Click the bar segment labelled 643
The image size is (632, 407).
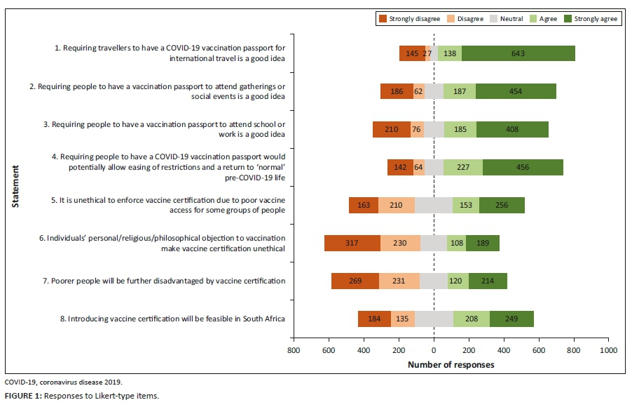coord(518,53)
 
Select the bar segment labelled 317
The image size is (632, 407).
coord(352,243)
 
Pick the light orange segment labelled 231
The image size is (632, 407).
coord(399,281)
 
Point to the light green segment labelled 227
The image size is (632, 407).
coord(462,167)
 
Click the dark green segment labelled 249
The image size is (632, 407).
coord(511,319)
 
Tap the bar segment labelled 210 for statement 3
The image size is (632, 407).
coord(392,129)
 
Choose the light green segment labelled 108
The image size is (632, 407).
coord(456,243)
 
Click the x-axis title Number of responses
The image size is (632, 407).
coord(451,365)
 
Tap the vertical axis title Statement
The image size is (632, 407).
coord(15,186)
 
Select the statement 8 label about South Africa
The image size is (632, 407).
coord(172,319)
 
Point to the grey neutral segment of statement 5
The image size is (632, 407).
coord(433,205)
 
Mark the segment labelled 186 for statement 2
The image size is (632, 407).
coord(397,91)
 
